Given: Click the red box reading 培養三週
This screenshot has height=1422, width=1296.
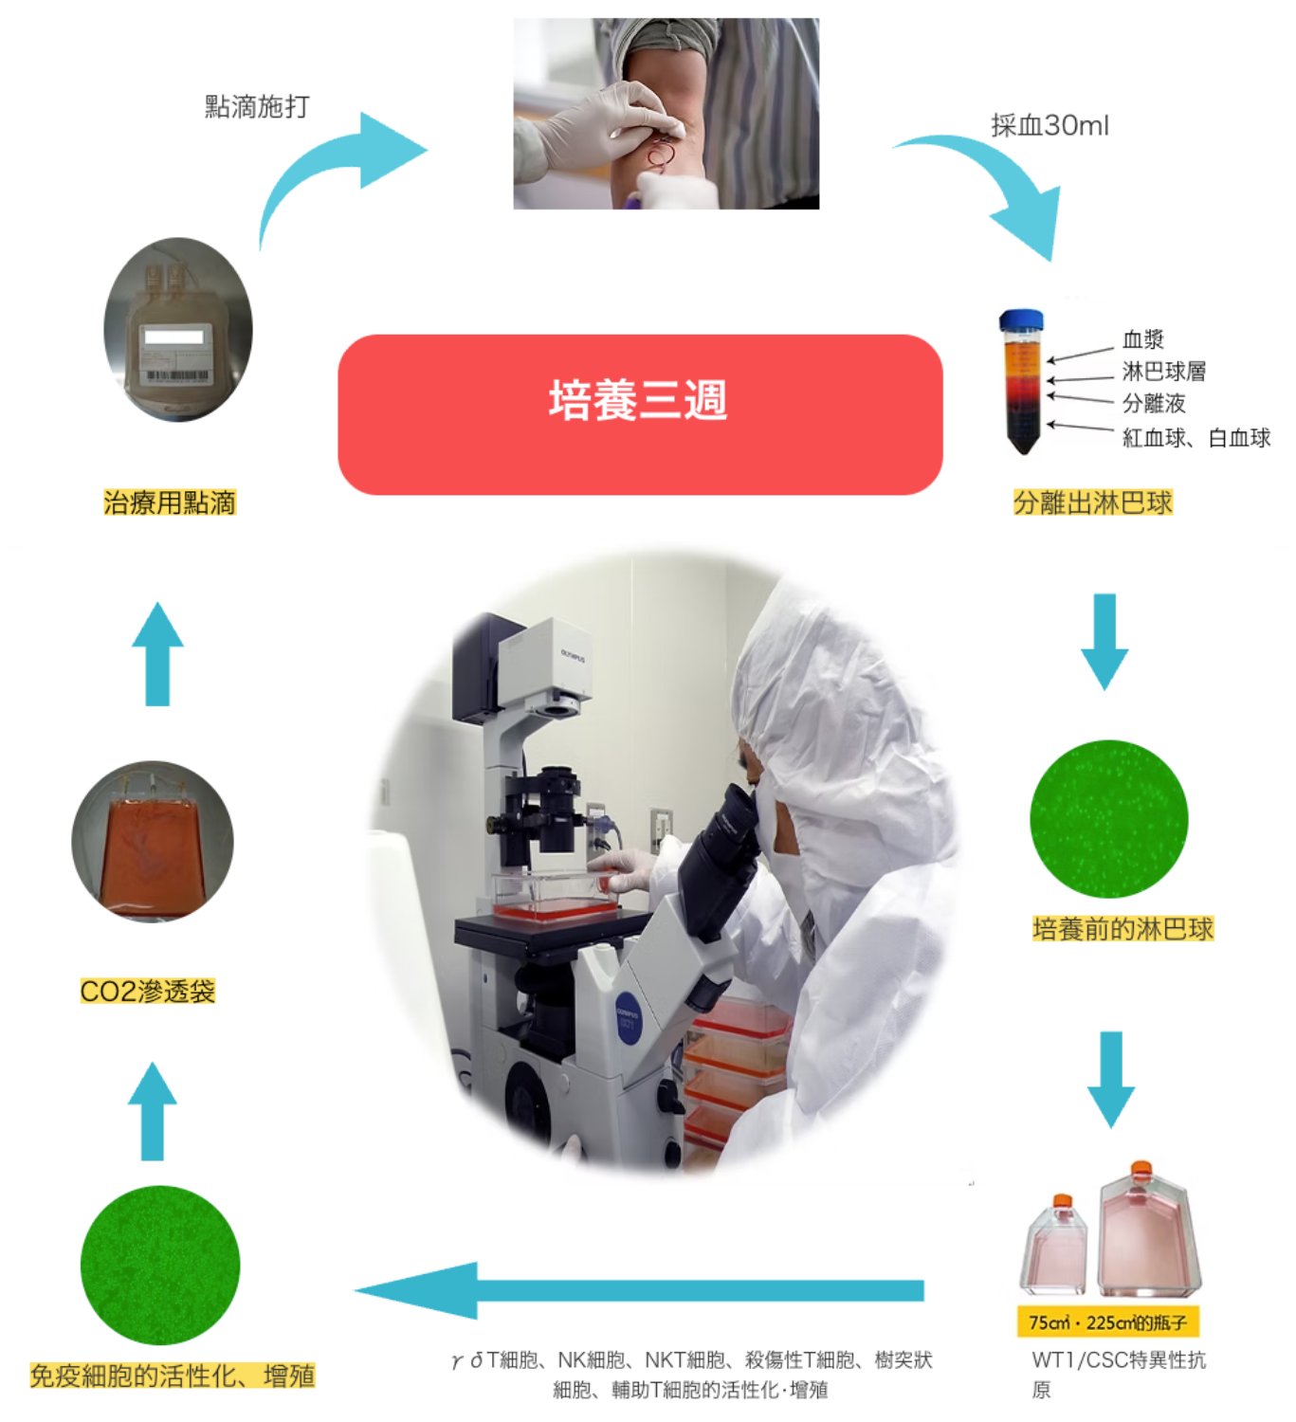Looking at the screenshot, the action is tap(640, 414).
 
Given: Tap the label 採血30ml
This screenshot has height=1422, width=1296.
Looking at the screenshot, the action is tap(1050, 126).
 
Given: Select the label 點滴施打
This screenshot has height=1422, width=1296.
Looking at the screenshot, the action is tap(257, 107).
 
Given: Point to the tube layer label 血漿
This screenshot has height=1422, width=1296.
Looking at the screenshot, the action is tap(1142, 338).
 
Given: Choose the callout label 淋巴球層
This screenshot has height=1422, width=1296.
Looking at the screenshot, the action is tap(1164, 371).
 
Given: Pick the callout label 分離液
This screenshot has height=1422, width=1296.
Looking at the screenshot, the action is tap(1154, 403).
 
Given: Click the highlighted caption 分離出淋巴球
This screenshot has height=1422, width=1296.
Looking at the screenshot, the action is tap(1092, 502).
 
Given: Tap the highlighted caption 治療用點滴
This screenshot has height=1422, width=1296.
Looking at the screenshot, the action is tap(170, 502).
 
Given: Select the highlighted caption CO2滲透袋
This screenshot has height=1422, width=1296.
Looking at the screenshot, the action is tap(148, 991).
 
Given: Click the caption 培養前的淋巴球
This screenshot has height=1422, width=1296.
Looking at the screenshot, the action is tap(1123, 929).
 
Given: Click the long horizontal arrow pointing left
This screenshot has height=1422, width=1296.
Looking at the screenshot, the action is tap(639, 1290).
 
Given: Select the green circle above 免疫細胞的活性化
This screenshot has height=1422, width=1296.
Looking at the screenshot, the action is tap(160, 1266).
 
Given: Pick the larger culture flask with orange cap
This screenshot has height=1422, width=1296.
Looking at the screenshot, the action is tap(1148, 1232).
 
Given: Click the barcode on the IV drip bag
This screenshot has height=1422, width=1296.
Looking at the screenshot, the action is tap(177, 375).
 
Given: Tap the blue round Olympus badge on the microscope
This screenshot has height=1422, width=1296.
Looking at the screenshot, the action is tap(629, 1018).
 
